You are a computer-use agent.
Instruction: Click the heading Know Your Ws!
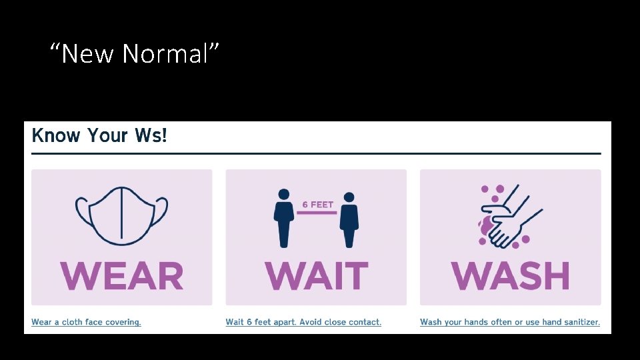[x=99, y=136]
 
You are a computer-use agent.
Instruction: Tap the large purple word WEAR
[x=122, y=276]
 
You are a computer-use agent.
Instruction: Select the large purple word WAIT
[x=316, y=276]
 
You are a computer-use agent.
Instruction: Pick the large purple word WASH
[x=511, y=276]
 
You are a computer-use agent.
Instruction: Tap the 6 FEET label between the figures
[x=317, y=205]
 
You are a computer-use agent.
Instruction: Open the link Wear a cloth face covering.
[x=86, y=322]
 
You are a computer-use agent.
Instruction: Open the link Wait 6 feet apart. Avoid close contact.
[x=303, y=322]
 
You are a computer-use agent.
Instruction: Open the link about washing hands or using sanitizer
[x=510, y=322]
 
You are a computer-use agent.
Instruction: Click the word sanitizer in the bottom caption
[x=582, y=322]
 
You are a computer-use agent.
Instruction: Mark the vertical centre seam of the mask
[x=121, y=215]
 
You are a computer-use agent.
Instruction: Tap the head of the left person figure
[x=284, y=195]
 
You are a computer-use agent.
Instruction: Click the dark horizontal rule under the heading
[x=316, y=153]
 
